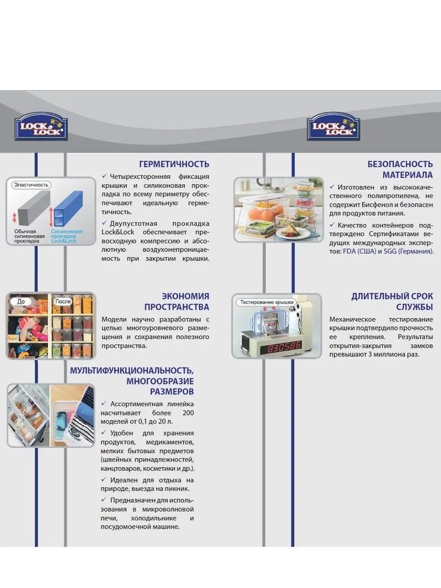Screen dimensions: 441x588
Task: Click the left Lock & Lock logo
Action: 41,126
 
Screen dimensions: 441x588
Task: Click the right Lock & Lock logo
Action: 333,126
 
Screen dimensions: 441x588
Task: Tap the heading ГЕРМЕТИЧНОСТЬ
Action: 174,164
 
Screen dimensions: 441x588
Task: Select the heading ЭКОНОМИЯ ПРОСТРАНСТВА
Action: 177,301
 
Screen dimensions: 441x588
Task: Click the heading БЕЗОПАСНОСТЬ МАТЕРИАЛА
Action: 400,170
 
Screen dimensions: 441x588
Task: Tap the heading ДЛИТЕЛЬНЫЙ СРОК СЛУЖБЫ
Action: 392,301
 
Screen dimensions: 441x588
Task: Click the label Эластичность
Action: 31,185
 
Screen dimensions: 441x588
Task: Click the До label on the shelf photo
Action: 21,301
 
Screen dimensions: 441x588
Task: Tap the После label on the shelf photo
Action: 63,301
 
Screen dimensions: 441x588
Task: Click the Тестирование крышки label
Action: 266,302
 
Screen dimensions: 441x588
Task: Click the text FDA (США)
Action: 360,251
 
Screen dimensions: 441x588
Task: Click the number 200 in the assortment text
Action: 188,413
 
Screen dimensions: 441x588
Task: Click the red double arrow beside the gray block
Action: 15,218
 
